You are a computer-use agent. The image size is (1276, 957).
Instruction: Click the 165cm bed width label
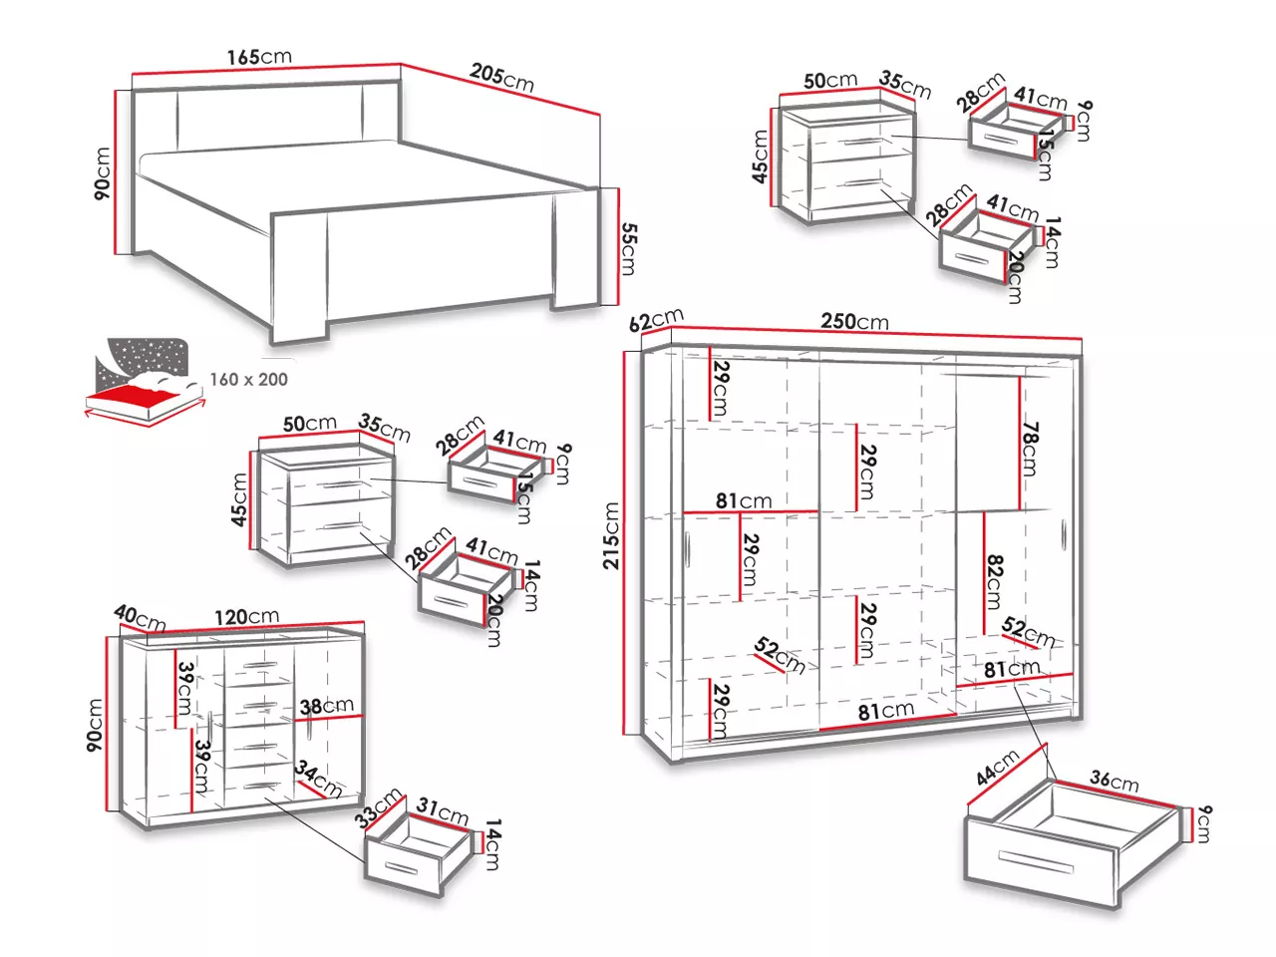259,57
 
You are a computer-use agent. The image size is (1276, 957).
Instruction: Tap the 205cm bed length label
502,77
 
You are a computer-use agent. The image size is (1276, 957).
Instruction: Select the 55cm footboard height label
628,248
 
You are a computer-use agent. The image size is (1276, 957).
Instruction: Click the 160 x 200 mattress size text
248,379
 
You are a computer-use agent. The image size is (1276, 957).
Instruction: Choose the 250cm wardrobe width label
854,321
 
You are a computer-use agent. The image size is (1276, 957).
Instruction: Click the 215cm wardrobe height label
611,535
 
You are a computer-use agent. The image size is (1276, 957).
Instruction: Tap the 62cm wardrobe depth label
656,321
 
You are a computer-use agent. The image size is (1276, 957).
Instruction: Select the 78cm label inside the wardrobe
1031,448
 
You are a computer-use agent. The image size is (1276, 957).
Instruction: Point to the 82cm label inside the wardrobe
993,581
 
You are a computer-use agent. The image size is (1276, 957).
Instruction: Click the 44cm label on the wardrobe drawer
998,768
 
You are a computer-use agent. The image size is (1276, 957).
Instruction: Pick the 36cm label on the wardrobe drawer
1114,781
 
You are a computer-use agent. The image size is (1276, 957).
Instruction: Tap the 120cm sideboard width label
246,617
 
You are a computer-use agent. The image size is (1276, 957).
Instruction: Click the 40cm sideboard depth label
140,617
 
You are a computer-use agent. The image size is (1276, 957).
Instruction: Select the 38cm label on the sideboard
327,707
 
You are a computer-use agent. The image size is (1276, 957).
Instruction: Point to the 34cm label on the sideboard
318,780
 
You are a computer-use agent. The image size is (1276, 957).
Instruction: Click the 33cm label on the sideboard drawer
379,806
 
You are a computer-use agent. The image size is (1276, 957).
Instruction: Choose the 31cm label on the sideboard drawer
442,811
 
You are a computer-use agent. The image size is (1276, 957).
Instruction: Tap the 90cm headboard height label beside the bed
103,173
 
